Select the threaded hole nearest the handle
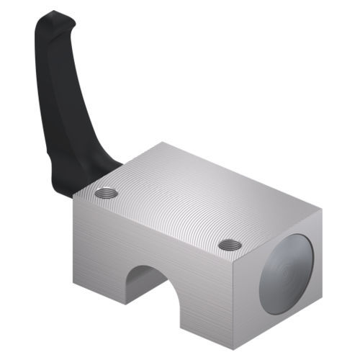(x=107, y=193)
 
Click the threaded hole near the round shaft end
(x=230, y=245)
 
